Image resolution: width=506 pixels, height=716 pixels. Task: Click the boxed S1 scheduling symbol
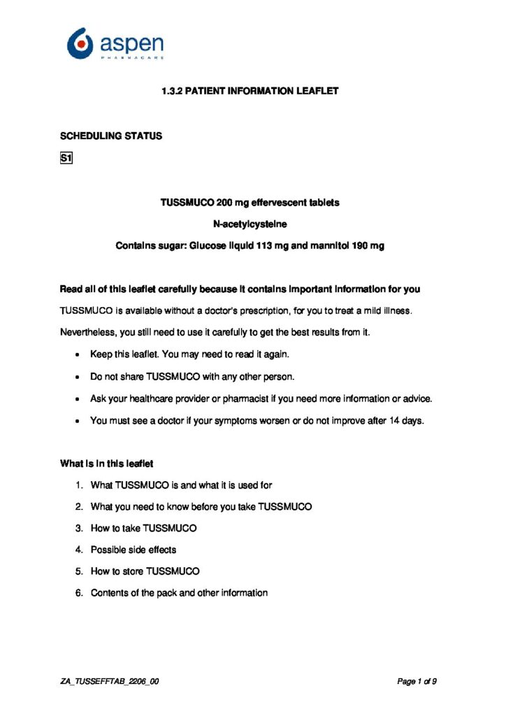coord(67,159)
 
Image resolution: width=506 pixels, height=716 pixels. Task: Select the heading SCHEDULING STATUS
coord(111,136)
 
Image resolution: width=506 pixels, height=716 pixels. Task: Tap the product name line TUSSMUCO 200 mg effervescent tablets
coord(250,203)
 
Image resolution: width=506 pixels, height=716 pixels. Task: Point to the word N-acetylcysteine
coord(250,224)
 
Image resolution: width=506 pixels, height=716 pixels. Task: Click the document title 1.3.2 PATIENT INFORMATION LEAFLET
coord(250,91)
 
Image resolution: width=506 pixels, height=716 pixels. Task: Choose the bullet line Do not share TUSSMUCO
coord(192,377)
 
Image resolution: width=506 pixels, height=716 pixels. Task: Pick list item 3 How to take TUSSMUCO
coord(143,528)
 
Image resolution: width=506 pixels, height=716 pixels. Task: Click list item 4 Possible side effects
coord(133,550)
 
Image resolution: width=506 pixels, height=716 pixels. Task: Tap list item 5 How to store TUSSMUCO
coord(145,571)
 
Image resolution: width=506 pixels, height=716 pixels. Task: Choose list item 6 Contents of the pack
coord(179,593)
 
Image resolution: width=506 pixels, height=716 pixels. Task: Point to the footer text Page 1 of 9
coord(417,681)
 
